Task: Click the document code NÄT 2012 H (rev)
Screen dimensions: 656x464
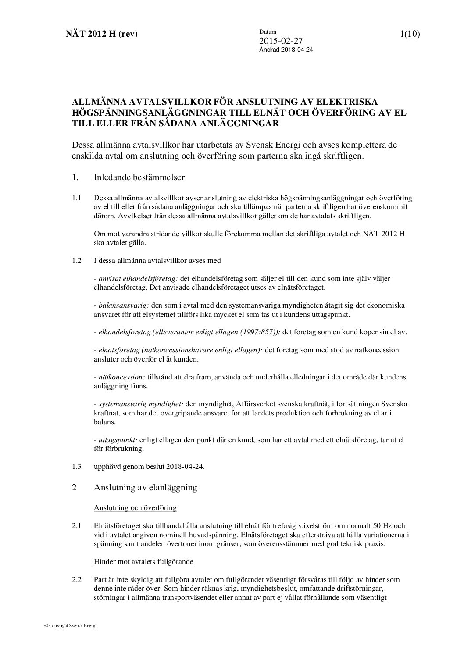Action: (99, 34)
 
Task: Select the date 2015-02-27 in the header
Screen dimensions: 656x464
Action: (281, 41)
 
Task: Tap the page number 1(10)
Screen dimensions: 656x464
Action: (410, 34)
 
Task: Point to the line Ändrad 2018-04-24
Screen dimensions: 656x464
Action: (286, 50)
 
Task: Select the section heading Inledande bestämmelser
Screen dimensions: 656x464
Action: (139, 177)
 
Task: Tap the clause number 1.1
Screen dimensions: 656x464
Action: (77, 198)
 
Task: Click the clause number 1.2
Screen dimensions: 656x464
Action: (77, 260)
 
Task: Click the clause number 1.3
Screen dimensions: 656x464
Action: (77, 466)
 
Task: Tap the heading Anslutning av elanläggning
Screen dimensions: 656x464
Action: (145, 487)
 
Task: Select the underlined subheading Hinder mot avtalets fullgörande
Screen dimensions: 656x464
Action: (143, 561)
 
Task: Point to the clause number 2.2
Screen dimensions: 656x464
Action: (77, 580)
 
